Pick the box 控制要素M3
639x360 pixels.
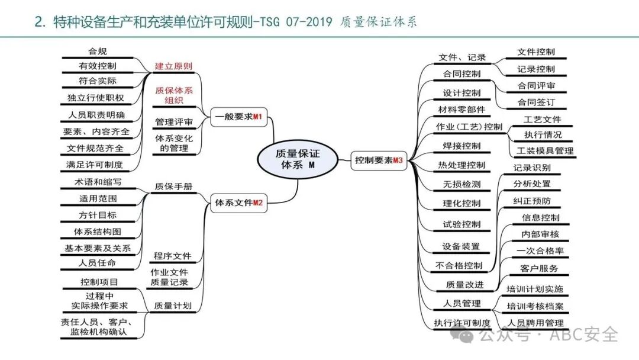pos(379,160)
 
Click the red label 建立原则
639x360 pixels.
pos(173,66)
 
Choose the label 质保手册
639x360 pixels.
pos(173,186)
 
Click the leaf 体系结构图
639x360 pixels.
pos(98,232)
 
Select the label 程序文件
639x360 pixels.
pos(173,256)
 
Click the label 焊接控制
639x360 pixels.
pos(461,146)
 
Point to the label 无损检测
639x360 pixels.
pos(461,184)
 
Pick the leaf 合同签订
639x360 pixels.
pos(536,102)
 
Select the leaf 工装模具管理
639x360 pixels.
pos(545,151)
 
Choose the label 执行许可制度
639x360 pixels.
pos(462,323)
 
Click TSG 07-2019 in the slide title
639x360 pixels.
pos(295,22)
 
